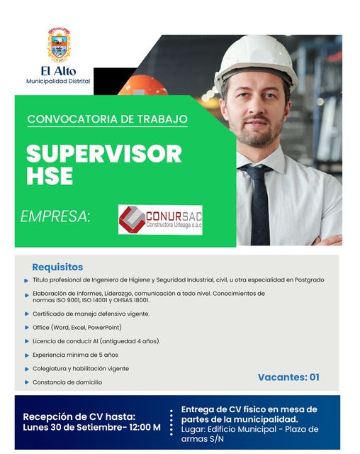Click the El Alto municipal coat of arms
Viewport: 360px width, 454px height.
tap(59, 45)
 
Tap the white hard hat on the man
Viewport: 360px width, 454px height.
tap(255, 62)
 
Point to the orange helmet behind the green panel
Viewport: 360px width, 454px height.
tap(143, 85)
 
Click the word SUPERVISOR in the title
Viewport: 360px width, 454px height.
tap(104, 153)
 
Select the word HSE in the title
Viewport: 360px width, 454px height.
tap(50, 176)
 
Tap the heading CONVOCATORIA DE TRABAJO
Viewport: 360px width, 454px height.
tap(107, 119)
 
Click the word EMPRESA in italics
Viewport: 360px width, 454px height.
tap(55, 216)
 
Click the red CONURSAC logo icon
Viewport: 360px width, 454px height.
tap(132, 219)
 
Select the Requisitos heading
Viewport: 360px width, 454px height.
tap(57, 267)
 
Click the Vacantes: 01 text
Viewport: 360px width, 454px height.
tap(288, 377)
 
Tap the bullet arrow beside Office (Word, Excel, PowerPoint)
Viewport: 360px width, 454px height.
tap(27, 328)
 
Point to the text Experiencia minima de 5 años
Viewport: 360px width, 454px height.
tap(75, 355)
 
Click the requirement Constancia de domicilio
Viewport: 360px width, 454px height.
tap(67, 382)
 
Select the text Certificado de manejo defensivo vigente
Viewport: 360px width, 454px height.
tap(91, 314)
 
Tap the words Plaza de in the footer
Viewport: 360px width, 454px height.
tap(302, 429)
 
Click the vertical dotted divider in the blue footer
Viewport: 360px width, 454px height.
tap(171, 423)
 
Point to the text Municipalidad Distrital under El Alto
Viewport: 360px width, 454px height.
tap(58, 82)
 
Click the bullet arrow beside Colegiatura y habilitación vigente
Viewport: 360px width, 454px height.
tap(27, 369)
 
